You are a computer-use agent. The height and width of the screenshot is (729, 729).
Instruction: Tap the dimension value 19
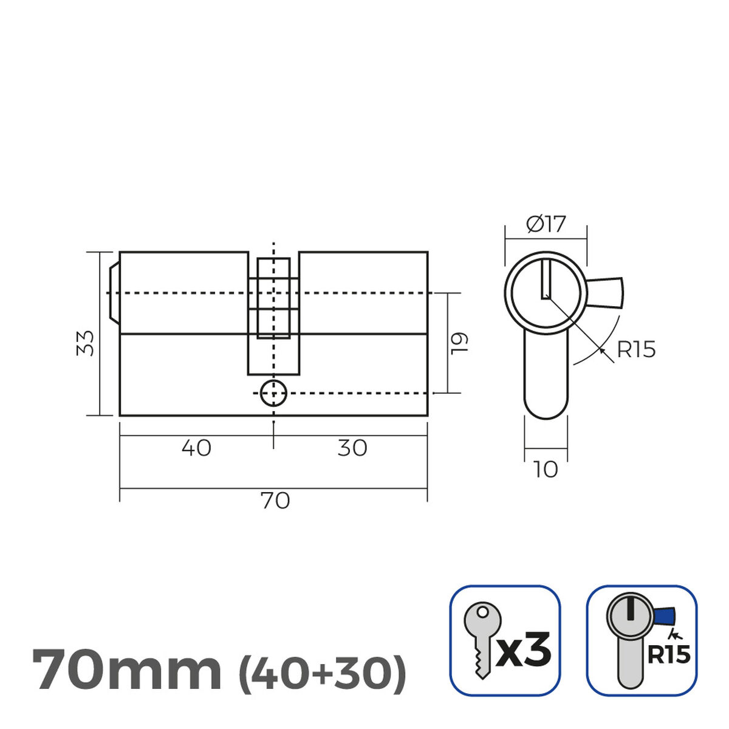[460, 343]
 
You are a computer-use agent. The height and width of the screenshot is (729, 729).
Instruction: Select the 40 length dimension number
[196, 448]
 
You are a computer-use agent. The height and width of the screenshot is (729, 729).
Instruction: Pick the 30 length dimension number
[352, 448]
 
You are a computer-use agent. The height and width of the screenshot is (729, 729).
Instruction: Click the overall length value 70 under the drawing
[275, 501]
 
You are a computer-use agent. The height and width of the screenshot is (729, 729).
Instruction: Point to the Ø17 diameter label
[546, 225]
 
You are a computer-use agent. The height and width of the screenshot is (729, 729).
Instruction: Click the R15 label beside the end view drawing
[636, 350]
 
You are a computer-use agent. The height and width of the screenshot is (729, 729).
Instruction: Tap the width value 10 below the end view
[546, 470]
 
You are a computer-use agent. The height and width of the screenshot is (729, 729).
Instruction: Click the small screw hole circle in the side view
[273, 394]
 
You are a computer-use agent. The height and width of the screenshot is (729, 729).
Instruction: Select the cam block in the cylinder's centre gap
[273, 298]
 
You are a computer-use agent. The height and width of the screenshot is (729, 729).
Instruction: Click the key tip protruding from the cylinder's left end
[114, 293]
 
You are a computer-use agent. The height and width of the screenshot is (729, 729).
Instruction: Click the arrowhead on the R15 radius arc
[602, 350]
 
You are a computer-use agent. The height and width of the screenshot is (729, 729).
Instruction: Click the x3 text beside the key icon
[524, 649]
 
